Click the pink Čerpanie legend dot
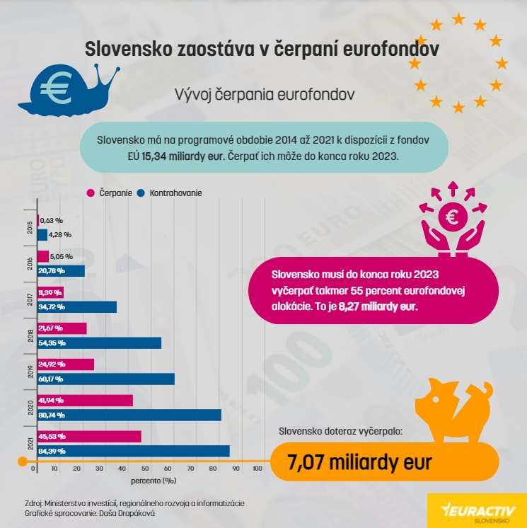[91, 193]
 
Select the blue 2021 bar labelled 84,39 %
[132, 451]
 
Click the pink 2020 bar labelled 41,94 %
[82, 401]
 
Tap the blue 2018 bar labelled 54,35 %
[98, 343]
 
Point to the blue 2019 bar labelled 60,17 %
[104, 379]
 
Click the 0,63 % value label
[52, 220]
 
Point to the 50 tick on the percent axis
[145, 469]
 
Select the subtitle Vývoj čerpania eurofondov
[263, 93]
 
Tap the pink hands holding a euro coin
[451, 219]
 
